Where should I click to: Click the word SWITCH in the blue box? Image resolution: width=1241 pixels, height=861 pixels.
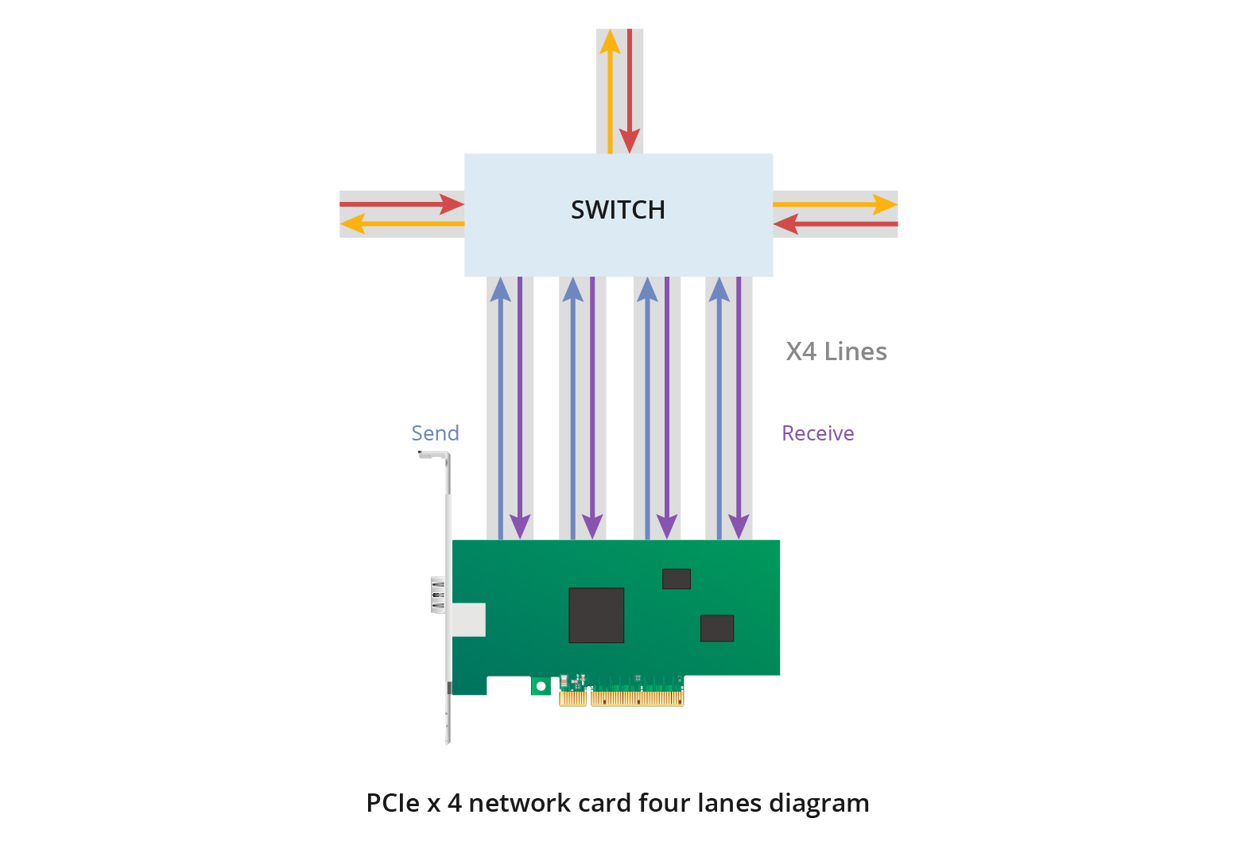point(618,210)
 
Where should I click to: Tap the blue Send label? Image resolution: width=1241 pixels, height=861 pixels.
point(435,433)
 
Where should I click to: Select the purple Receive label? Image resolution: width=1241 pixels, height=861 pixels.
point(817,433)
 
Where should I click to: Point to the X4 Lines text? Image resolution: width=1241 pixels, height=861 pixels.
point(836,351)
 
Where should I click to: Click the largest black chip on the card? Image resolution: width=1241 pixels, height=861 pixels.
point(596,615)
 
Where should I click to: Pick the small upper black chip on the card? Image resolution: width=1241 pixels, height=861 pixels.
point(677,579)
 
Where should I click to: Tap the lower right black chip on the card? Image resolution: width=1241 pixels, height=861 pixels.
point(716,628)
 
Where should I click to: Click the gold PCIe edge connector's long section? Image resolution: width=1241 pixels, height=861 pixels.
point(637,699)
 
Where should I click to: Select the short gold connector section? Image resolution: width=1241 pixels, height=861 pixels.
point(572,699)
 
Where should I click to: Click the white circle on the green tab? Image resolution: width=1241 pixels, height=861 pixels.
point(541,686)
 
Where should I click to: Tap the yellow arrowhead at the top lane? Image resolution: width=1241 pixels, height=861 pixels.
point(610,41)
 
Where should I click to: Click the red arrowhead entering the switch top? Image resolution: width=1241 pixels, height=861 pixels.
point(630,141)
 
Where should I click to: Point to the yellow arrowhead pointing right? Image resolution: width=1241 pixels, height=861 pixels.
point(885,204)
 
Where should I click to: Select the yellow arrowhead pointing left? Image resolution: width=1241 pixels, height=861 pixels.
point(352,224)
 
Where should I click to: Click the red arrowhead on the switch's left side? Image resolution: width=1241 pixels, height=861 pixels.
point(452,204)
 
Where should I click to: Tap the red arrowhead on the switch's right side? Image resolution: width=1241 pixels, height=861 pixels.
point(785,224)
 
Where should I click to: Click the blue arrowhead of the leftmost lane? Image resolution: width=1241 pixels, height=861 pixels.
point(500,289)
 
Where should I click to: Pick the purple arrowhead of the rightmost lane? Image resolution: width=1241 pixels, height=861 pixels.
point(739,526)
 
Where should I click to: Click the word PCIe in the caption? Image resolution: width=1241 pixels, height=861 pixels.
point(392,803)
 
